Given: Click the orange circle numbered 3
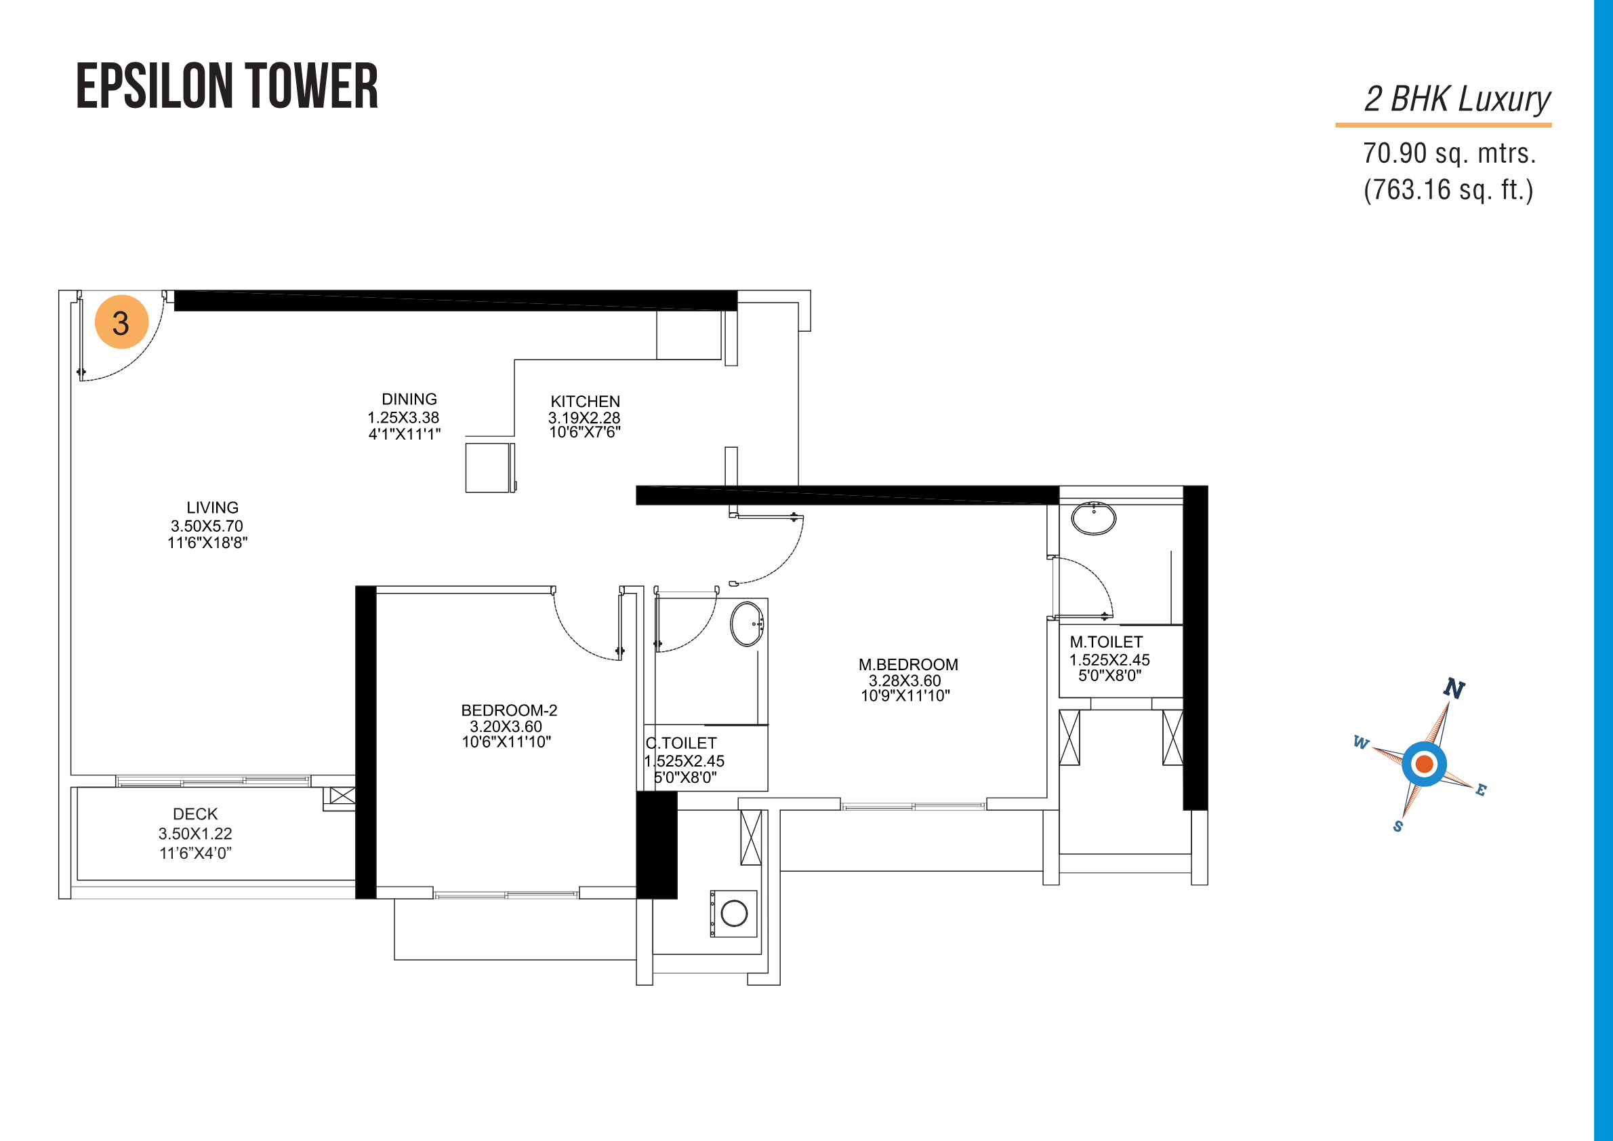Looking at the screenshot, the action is tap(121, 322).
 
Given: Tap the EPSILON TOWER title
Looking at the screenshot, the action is tap(227, 85).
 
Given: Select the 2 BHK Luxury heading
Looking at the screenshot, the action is tap(1457, 99).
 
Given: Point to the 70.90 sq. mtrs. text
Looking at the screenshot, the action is tap(1449, 153).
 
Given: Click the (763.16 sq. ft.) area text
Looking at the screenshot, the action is tap(1448, 190).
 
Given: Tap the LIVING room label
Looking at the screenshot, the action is tap(212, 507).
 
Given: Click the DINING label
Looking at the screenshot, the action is tap(409, 400).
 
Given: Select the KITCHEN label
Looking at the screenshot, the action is tap(585, 402).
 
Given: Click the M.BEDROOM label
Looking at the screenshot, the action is tap(907, 664).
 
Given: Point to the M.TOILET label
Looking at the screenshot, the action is tap(1106, 642).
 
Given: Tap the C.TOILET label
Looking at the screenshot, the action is tap(680, 743).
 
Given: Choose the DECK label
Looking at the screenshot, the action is tap(195, 814).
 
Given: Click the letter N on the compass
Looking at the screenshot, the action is tap(1454, 689).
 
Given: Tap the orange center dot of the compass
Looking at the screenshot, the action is tap(1425, 763).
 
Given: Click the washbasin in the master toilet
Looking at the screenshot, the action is tap(1093, 519).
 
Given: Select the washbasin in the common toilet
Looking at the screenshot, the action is tap(747, 623).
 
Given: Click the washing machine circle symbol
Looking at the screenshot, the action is tap(734, 913).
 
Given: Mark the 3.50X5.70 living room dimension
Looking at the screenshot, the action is tap(207, 526).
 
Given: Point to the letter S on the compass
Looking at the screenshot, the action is tap(1398, 826).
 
